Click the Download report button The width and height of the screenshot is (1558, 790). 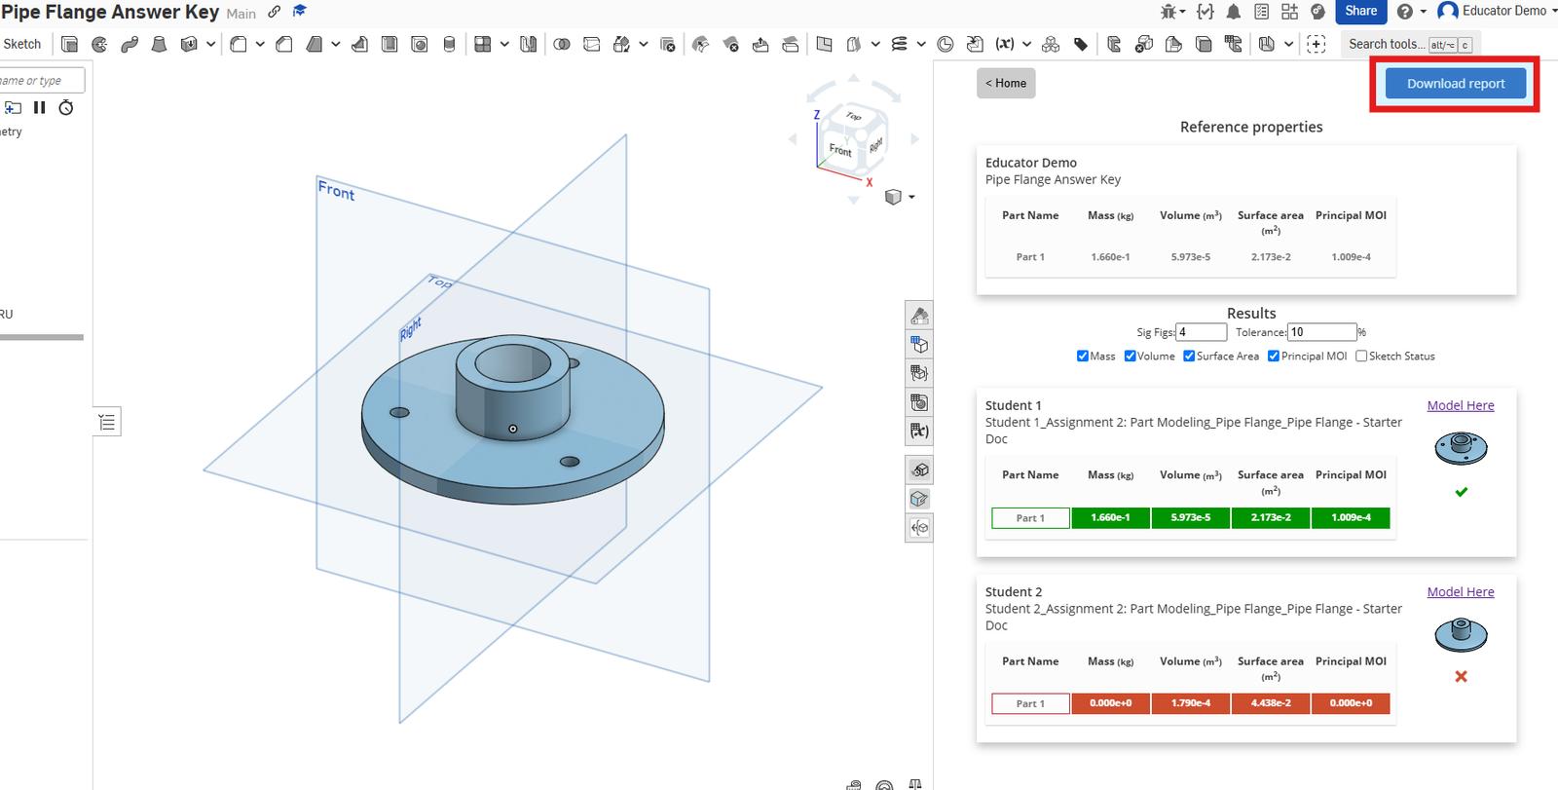[1455, 84]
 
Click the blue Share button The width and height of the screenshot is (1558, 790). [1360, 12]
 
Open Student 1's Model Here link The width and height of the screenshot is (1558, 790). [1460, 405]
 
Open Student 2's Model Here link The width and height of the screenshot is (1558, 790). [1460, 591]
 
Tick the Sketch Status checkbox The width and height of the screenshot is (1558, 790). [1361, 357]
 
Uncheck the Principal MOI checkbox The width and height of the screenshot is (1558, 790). [1274, 357]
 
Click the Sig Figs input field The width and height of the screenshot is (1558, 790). [1201, 332]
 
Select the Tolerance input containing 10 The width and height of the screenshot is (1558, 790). [1320, 332]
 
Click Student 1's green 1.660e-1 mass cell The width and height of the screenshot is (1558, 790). [1110, 517]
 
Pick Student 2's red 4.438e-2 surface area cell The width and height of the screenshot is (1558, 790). [1270, 703]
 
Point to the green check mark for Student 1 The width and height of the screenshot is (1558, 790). [1461, 492]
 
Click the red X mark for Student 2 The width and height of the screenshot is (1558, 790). [1461, 676]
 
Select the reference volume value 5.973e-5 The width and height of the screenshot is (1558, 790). [1190, 257]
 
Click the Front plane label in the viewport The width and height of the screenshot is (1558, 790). [336, 191]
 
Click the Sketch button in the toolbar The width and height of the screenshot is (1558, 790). [21, 44]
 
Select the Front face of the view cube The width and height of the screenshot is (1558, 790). [839, 149]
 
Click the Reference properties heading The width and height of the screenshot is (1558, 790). [1250, 127]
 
